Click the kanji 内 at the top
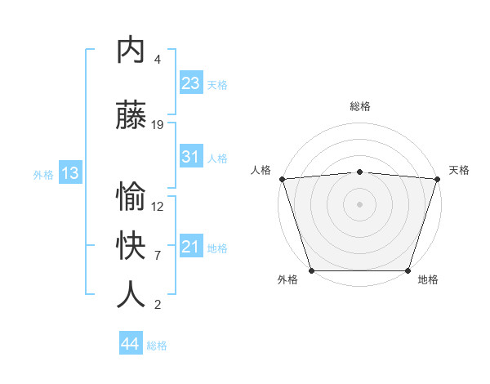click(x=131, y=51)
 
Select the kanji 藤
click(x=131, y=117)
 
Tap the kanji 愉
click(x=131, y=198)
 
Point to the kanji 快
click(x=131, y=246)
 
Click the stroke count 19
click(x=158, y=125)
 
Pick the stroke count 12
click(x=158, y=207)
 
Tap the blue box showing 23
click(x=190, y=83)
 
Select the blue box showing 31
click(x=190, y=157)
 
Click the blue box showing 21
click(x=190, y=246)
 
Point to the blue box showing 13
click(x=69, y=172)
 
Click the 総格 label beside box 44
click(x=157, y=346)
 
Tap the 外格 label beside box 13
click(x=43, y=174)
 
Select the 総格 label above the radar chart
click(x=359, y=106)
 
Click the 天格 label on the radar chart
click(x=459, y=170)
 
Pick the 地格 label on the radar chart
click(x=428, y=279)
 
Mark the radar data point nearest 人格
click(x=282, y=179)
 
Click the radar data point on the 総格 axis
click(x=359, y=172)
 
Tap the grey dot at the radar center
click(x=359, y=203)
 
